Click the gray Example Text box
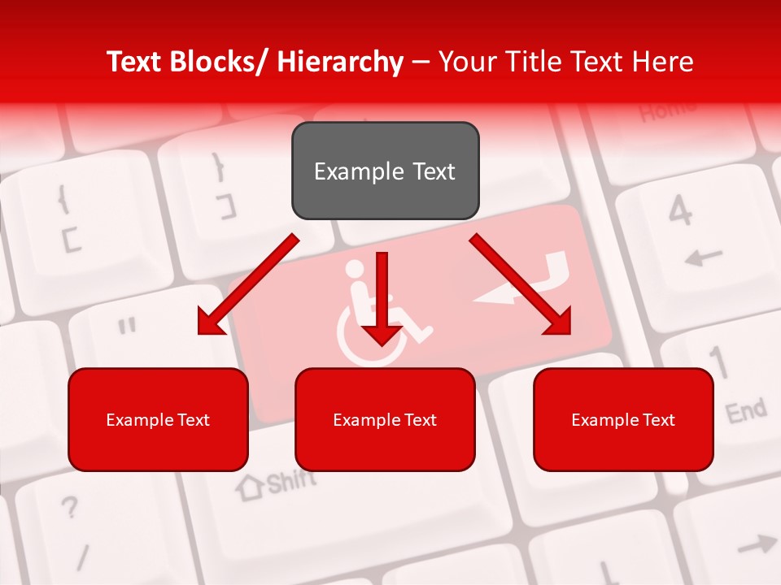point(385,171)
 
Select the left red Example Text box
point(158,419)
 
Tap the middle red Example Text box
point(385,419)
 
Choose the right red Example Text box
point(623,419)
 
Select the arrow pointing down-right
point(521,284)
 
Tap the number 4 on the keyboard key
point(680,213)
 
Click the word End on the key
point(746,411)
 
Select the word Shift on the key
point(291,482)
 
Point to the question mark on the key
point(71,509)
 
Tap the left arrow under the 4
point(703,258)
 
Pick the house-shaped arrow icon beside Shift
point(250,487)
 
